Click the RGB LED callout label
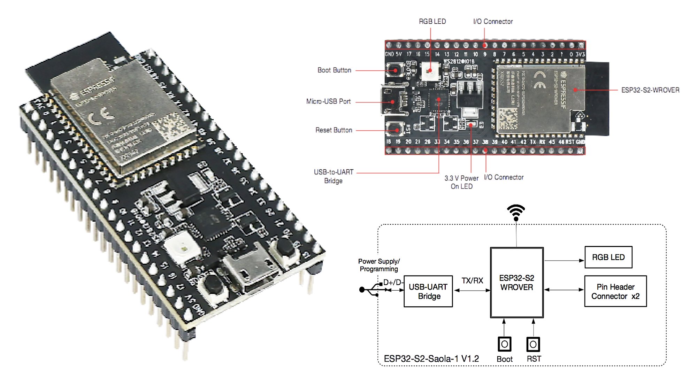tap(432, 22)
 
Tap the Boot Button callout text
tap(334, 70)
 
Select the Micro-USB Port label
tap(328, 101)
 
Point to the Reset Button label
tap(334, 130)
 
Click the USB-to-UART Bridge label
tap(334, 176)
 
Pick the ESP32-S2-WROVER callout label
tap(650, 90)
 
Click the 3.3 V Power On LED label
tap(461, 182)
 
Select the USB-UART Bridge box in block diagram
tap(428, 291)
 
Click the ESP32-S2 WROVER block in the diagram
tap(516, 283)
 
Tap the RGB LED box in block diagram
tap(608, 257)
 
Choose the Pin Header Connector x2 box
tap(615, 291)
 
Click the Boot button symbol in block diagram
tap(504, 344)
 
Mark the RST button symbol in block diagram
tap(533, 344)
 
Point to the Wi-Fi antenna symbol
tap(516, 212)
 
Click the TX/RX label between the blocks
tap(472, 280)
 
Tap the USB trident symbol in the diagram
tap(371, 289)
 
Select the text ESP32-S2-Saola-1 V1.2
tap(431, 359)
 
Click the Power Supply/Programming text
tap(379, 265)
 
